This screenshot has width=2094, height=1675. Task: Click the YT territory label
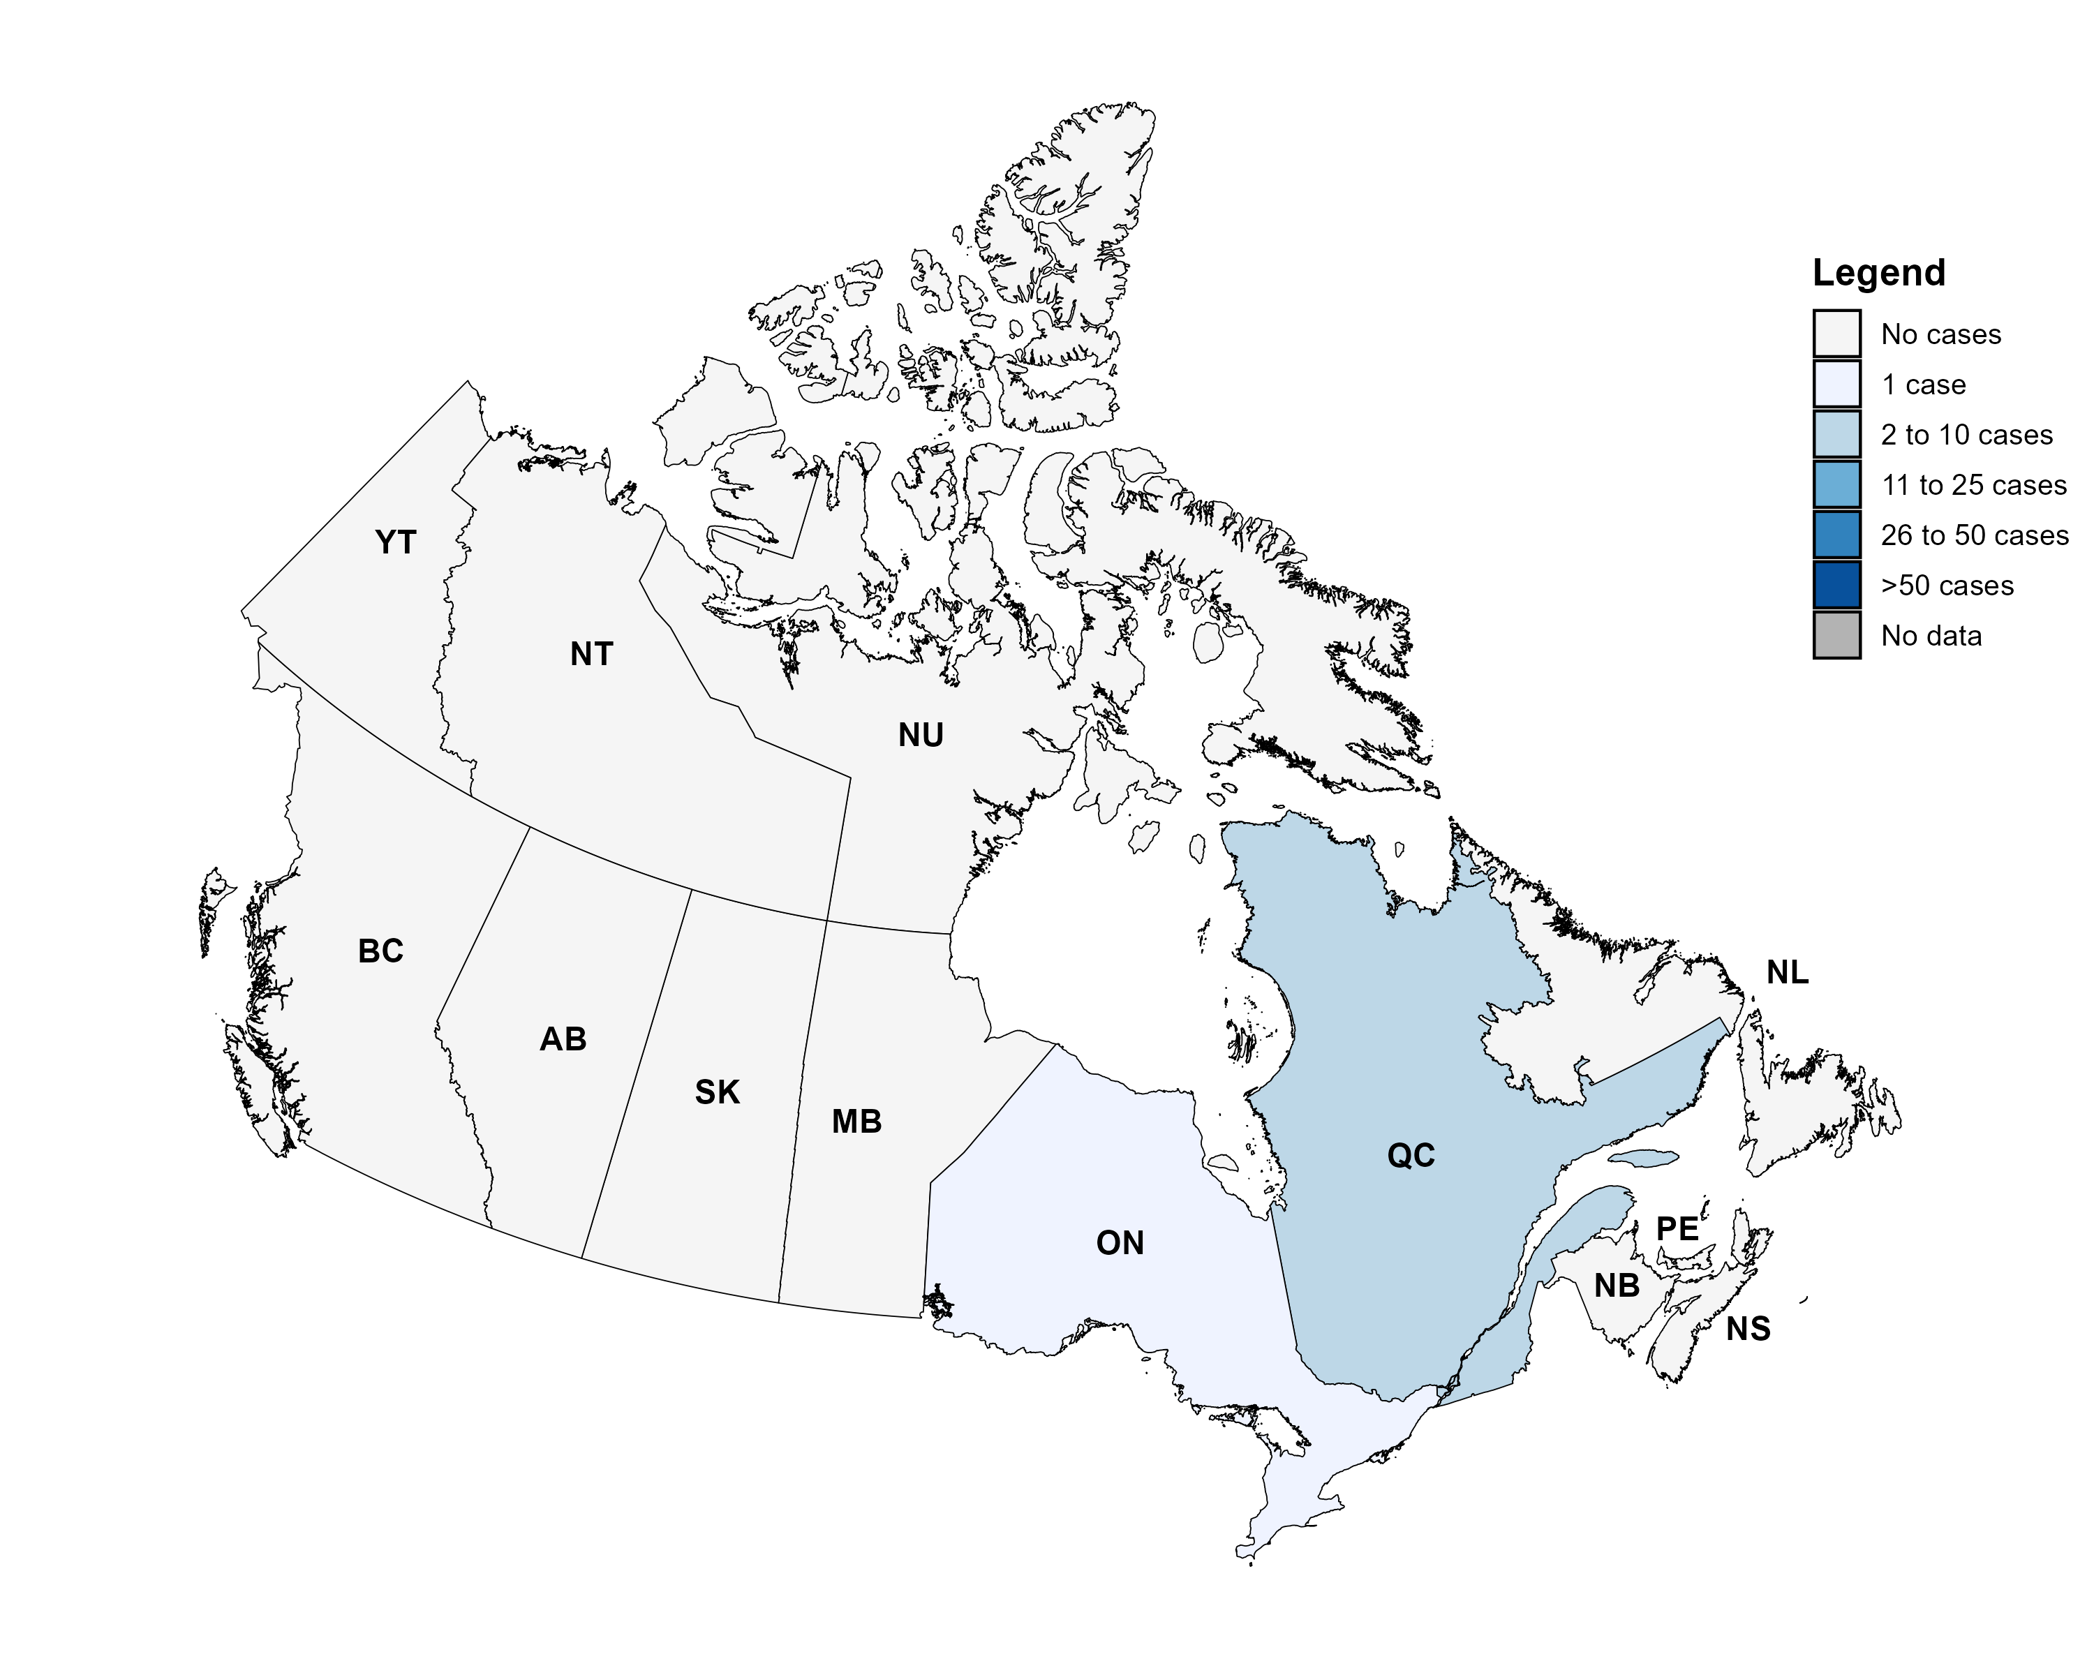(x=395, y=542)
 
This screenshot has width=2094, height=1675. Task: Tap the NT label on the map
(x=591, y=655)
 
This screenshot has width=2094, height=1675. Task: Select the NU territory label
(x=921, y=735)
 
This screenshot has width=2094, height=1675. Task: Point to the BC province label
(x=380, y=951)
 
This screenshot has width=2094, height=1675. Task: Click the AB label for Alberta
(x=563, y=1039)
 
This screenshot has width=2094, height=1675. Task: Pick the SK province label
(x=718, y=1092)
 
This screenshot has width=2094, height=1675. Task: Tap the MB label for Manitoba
(x=856, y=1122)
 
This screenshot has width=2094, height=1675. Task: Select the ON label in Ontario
(x=1120, y=1243)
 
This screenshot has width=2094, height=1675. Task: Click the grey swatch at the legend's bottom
(x=1836, y=635)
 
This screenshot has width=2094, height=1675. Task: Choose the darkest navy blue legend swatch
(x=1836, y=585)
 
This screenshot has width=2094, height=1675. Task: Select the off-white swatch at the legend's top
(x=1836, y=333)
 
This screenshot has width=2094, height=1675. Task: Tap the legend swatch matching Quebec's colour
(x=1836, y=434)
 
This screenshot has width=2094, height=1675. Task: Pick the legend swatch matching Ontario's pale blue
(x=1836, y=384)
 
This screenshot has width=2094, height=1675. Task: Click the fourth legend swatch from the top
(x=1836, y=484)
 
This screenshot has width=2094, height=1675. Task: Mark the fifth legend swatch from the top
(x=1836, y=534)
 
